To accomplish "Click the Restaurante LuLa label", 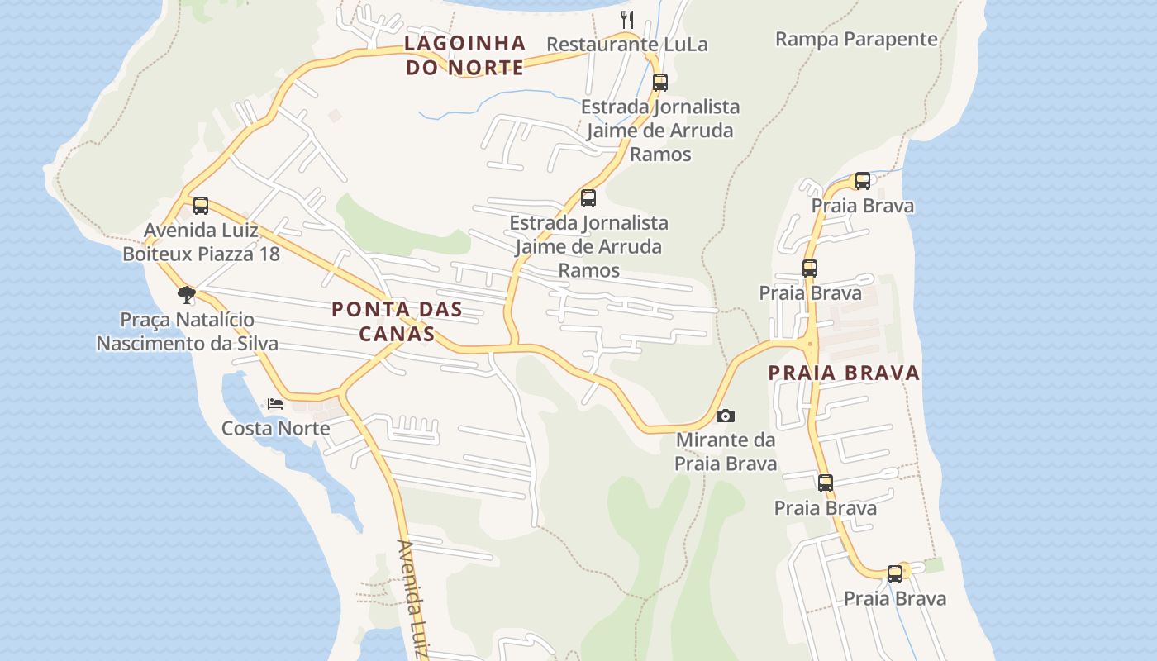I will point(627,45).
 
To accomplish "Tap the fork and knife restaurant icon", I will point(627,18).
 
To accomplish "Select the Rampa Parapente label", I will point(856,39).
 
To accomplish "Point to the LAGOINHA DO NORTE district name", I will point(465,55).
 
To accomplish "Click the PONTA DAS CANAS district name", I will point(397,321).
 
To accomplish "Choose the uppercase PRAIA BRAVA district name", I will point(844,373).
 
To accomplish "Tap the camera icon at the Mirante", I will point(725,416).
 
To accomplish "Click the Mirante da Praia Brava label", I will point(726,451).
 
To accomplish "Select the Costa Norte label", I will point(275,428).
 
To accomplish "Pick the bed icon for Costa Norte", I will point(275,404).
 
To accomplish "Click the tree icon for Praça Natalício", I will point(187,294).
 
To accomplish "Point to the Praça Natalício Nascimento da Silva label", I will point(187,331).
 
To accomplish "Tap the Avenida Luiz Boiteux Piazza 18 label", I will point(201,242).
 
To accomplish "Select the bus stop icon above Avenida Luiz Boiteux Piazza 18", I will point(201,206).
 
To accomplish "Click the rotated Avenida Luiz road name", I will point(412,599).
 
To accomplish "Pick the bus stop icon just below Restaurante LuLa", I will point(659,83).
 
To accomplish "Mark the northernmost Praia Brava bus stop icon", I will point(863,181).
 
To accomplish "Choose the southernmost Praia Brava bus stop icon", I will point(895,574).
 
